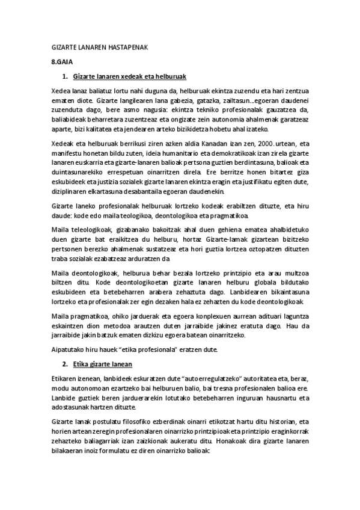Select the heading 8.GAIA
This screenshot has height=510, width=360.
(61, 63)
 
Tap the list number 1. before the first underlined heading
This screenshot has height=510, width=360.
(66, 77)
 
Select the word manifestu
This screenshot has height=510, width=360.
(67, 153)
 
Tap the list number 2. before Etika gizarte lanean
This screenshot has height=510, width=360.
(66, 364)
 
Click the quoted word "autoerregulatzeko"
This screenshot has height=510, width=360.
(207, 379)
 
